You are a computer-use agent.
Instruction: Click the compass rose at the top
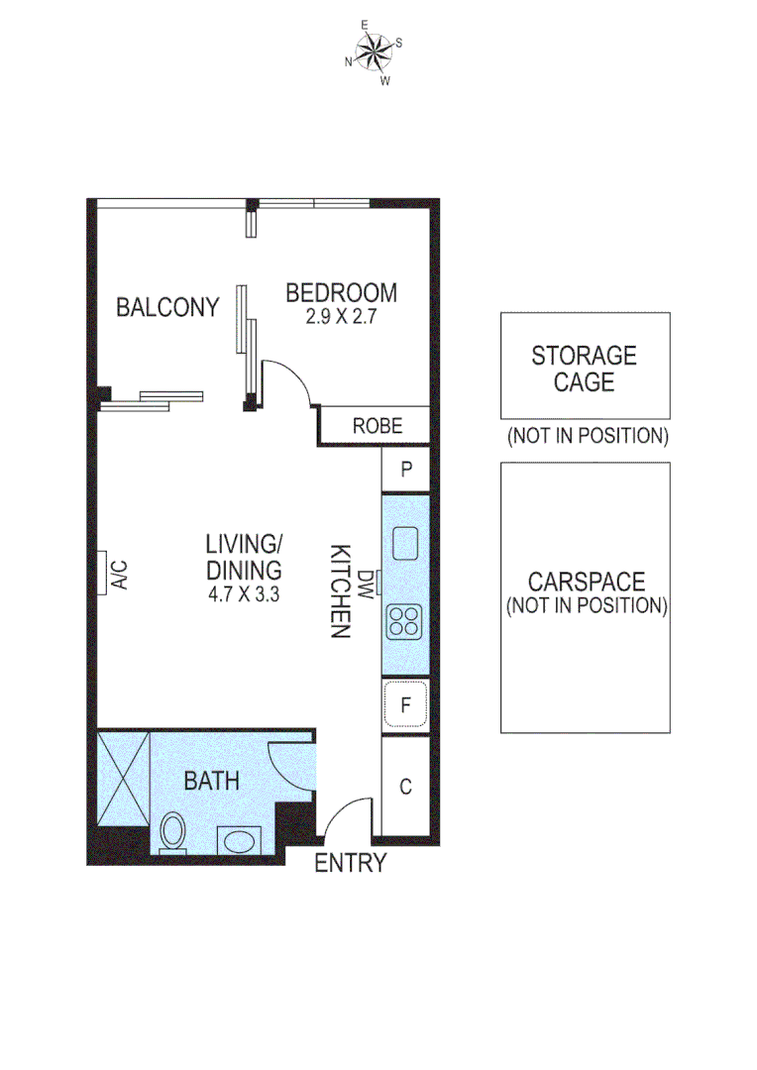tap(374, 52)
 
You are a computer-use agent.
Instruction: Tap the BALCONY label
tap(167, 307)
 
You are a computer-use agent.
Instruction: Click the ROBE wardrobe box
tap(378, 426)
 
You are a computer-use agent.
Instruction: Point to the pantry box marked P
tap(405, 471)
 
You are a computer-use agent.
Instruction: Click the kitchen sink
tap(405, 542)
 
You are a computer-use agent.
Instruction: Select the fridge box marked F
tap(405, 705)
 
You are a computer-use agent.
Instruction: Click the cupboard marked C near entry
tap(405, 788)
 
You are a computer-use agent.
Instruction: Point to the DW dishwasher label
tap(368, 584)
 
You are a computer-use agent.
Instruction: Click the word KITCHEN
tap(340, 590)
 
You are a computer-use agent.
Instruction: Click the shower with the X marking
tap(123, 779)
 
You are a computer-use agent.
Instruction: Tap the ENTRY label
tap(350, 863)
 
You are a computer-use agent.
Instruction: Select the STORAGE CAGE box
tap(585, 366)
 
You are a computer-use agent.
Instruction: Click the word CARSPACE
tap(587, 582)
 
